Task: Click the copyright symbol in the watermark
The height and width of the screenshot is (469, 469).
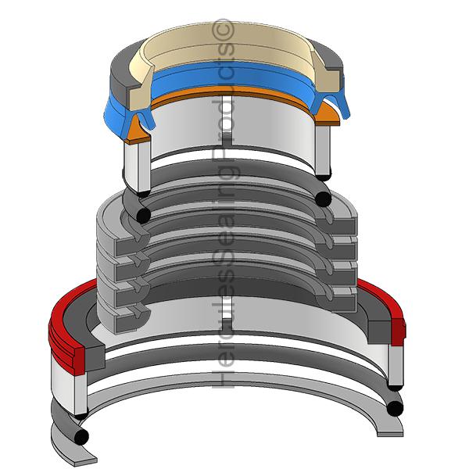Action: pos(223,30)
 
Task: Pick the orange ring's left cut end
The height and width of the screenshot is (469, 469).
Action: pos(138,131)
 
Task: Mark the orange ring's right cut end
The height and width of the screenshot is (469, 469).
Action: pos(328,115)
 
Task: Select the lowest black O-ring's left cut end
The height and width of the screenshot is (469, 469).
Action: pos(81,437)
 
